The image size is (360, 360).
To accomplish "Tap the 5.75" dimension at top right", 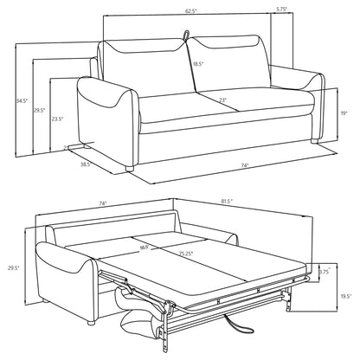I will coord(281,10).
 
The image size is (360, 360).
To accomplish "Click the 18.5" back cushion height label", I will coord(198,63).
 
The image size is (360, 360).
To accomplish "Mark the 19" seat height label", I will coord(344,112).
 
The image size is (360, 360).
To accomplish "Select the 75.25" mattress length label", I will coord(186,254).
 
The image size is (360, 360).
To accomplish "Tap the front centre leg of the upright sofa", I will coord(131,165).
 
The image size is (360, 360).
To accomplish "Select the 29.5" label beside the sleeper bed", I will coord(11,267).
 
